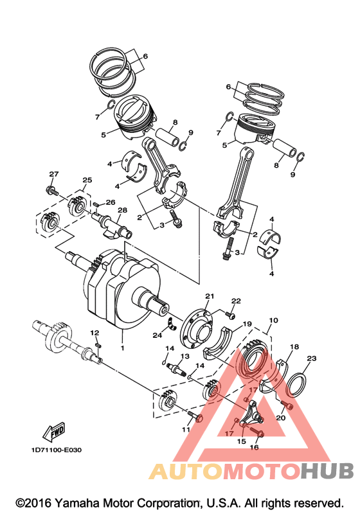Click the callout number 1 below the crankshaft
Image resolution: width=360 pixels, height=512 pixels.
point(123,348)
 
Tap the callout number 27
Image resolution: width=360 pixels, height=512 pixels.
point(54,173)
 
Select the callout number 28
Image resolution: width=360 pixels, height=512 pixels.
point(122,210)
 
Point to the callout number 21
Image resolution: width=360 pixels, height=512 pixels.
point(210,296)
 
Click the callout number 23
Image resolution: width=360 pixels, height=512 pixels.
point(312,358)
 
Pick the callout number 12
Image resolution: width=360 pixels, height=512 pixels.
point(94,333)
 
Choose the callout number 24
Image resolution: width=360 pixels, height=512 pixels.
point(157,335)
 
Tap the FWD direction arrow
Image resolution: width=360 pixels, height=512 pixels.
point(53,431)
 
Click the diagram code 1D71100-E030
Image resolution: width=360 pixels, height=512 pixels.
point(57,450)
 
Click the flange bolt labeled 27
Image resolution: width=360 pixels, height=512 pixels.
point(52,190)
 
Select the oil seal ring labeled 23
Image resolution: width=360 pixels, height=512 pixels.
point(296,385)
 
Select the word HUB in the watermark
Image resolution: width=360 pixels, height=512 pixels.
point(327,471)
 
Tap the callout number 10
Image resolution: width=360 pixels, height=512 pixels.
point(273,321)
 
